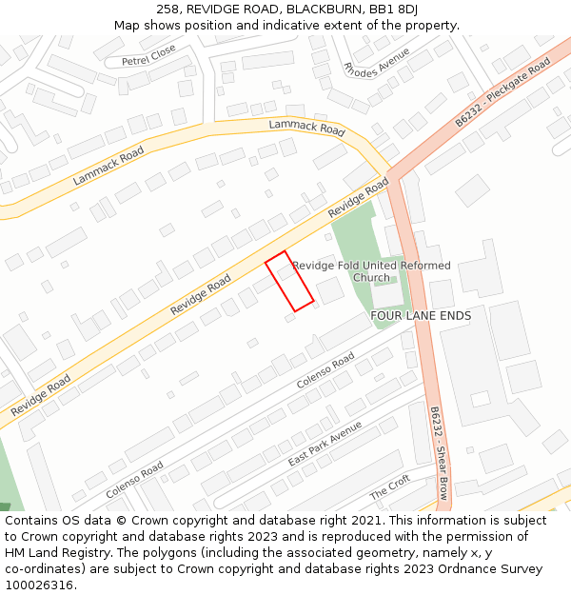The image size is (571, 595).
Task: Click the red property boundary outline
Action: pos(288,281)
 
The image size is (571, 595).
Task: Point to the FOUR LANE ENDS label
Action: pos(420,315)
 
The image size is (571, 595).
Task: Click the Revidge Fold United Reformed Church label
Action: pos(371,271)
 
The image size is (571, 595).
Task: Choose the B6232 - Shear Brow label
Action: pos(439,457)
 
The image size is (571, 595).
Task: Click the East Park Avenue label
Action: pos(325,443)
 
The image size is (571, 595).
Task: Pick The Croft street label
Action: pos(389,488)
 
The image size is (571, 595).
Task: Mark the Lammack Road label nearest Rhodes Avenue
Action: pos(305,127)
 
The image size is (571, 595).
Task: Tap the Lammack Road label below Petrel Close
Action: pos(108,166)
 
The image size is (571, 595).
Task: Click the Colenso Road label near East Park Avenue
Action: pos(325,369)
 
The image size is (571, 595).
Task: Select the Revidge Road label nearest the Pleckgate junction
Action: pos(358,198)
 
